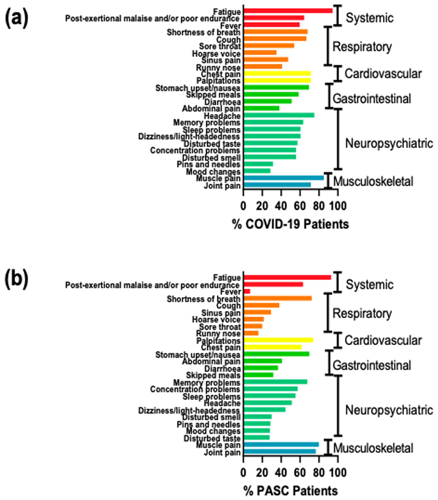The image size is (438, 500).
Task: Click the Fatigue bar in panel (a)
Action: click(288, 11)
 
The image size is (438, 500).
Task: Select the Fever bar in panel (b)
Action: click(247, 292)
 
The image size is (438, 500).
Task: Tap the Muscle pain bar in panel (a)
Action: click(283, 178)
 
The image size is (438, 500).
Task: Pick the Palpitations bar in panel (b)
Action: click(278, 340)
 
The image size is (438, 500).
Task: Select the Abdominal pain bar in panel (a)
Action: click(261, 108)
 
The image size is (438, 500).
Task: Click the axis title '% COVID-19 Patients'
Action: click(290, 225)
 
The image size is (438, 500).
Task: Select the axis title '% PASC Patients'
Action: click(290, 489)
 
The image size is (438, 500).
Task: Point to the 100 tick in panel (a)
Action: click(338, 205)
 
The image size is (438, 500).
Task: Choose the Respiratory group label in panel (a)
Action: click(362, 46)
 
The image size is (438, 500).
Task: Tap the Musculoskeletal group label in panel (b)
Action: click(373, 448)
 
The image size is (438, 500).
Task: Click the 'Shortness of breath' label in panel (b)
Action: click(203, 299)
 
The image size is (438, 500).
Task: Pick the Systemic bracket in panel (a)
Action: click(337, 15)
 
